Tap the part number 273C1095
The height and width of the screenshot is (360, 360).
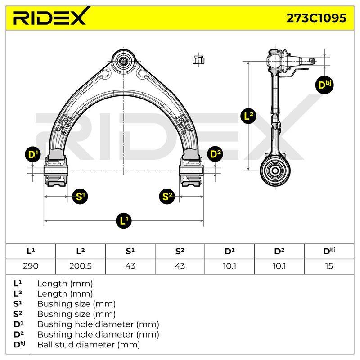point(316,18)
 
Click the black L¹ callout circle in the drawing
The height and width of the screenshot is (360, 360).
point(123,221)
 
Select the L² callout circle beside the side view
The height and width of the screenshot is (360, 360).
point(248,116)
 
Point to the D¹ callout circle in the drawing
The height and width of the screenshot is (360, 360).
point(33,154)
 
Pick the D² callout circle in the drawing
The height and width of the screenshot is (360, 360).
point(215,154)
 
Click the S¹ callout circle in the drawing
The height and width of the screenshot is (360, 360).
point(80,197)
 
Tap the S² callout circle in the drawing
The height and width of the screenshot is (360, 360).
point(167,197)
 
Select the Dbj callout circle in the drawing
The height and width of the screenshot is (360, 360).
point(324,85)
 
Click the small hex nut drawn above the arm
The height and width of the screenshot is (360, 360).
point(198,60)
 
